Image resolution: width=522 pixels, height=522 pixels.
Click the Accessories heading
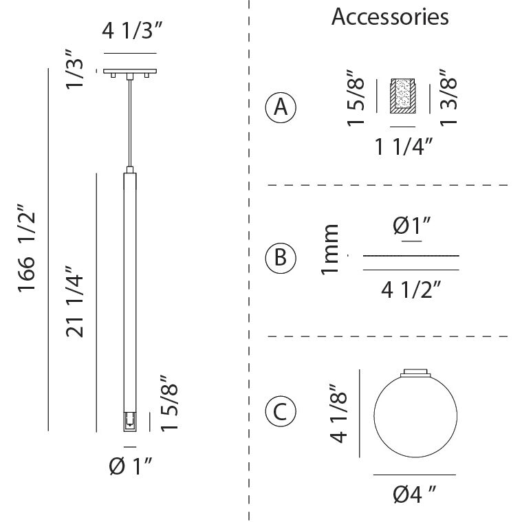tap(390, 17)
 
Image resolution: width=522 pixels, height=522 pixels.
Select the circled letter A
tap(281, 107)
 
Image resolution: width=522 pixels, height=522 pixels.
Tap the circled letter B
tap(281, 257)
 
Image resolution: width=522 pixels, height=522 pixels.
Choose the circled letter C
tap(281, 412)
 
